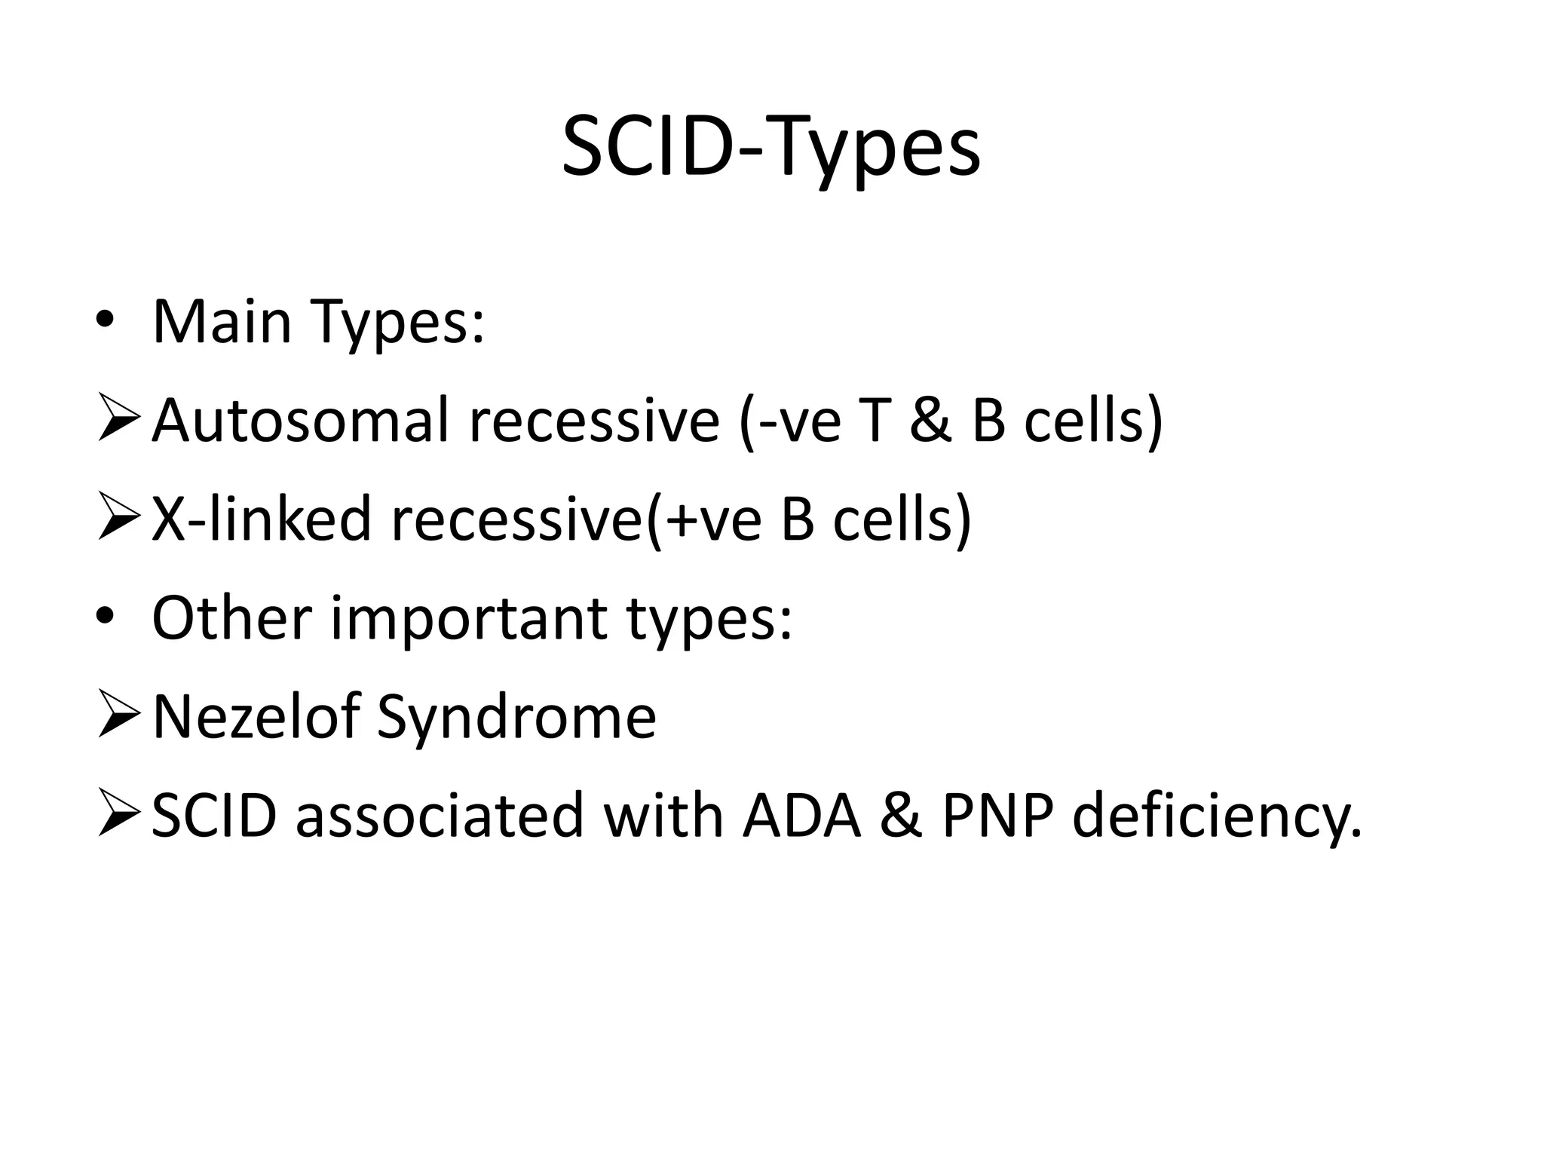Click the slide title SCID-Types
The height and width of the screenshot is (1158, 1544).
click(x=770, y=149)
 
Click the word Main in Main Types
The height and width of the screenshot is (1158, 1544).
click(x=222, y=322)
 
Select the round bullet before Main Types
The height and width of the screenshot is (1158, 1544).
click(x=105, y=322)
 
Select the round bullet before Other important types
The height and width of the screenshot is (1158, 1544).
click(x=105, y=618)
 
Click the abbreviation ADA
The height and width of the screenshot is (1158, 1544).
click(x=801, y=816)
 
